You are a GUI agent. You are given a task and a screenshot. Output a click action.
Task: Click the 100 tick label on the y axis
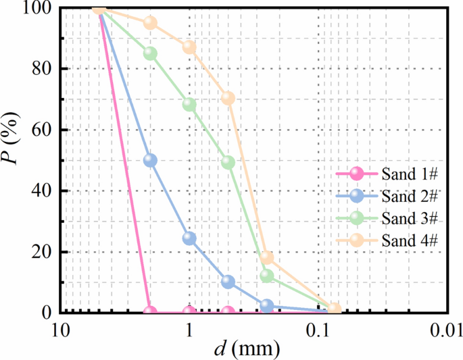(x=40, y=8)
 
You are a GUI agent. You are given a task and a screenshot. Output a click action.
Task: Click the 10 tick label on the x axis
(x=60, y=331)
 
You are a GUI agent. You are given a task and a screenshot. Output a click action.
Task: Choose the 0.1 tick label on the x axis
(x=318, y=331)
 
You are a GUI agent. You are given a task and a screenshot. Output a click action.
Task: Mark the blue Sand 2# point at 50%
(x=150, y=160)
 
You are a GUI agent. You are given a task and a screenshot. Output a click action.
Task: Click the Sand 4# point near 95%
(x=150, y=23)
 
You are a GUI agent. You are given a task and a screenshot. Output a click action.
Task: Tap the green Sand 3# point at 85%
(x=150, y=53)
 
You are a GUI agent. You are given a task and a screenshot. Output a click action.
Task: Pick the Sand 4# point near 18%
(x=267, y=257)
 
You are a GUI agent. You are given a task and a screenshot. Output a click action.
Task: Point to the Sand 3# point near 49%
(x=228, y=162)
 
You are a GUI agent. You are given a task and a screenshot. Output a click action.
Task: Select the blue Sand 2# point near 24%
(x=189, y=238)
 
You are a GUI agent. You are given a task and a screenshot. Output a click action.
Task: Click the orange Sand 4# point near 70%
(x=228, y=98)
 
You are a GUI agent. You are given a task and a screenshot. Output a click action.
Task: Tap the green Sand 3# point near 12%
(x=267, y=276)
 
